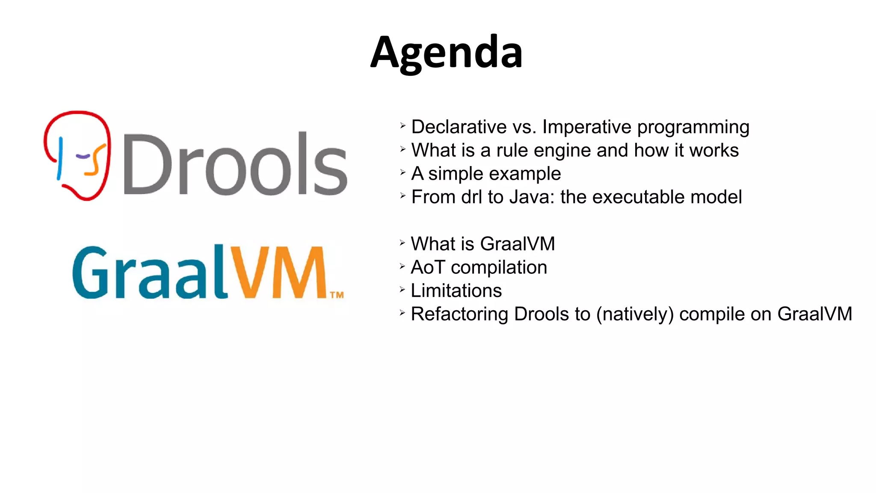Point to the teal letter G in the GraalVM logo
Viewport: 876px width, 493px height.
[x=90, y=272]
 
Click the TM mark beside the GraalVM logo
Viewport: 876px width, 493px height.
[x=337, y=295]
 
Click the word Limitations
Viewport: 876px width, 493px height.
[x=456, y=291]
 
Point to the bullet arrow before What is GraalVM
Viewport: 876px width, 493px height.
[x=402, y=243]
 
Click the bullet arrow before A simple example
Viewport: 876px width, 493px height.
[x=402, y=172]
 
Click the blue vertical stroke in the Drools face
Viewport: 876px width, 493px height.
[x=60, y=158]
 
